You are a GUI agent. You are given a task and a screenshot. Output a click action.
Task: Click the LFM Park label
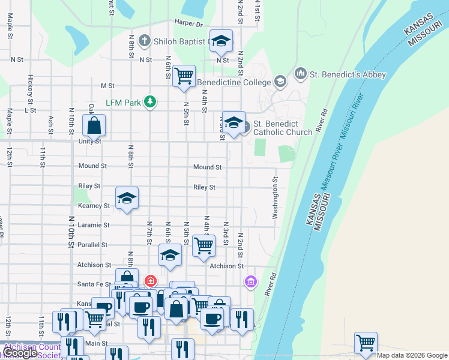click(x=123, y=103)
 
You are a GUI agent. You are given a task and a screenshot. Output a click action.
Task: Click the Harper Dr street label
click(x=188, y=24)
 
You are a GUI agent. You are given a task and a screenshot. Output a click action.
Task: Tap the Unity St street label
click(x=89, y=142)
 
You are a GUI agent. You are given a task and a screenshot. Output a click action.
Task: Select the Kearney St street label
click(x=94, y=205)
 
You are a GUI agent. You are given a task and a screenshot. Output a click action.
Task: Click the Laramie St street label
click(x=94, y=225)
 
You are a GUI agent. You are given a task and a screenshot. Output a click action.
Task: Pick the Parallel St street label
click(x=92, y=245)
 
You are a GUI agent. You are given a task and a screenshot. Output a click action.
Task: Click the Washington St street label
click(x=276, y=198)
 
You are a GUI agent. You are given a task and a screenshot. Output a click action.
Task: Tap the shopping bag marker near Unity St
click(x=94, y=126)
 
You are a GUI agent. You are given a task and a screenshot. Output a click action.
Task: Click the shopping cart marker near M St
click(x=184, y=76)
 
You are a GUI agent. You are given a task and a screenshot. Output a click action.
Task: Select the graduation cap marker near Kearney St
click(x=127, y=199)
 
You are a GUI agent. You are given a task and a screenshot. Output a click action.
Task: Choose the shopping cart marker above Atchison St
click(x=204, y=245)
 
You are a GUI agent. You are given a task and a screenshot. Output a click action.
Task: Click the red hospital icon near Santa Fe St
click(x=150, y=281)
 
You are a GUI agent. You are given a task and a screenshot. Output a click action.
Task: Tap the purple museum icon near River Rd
click(x=250, y=281)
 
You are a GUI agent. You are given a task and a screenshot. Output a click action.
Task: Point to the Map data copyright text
click(x=412, y=355)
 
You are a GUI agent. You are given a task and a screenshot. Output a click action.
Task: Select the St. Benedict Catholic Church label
click(x=282, y=128)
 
